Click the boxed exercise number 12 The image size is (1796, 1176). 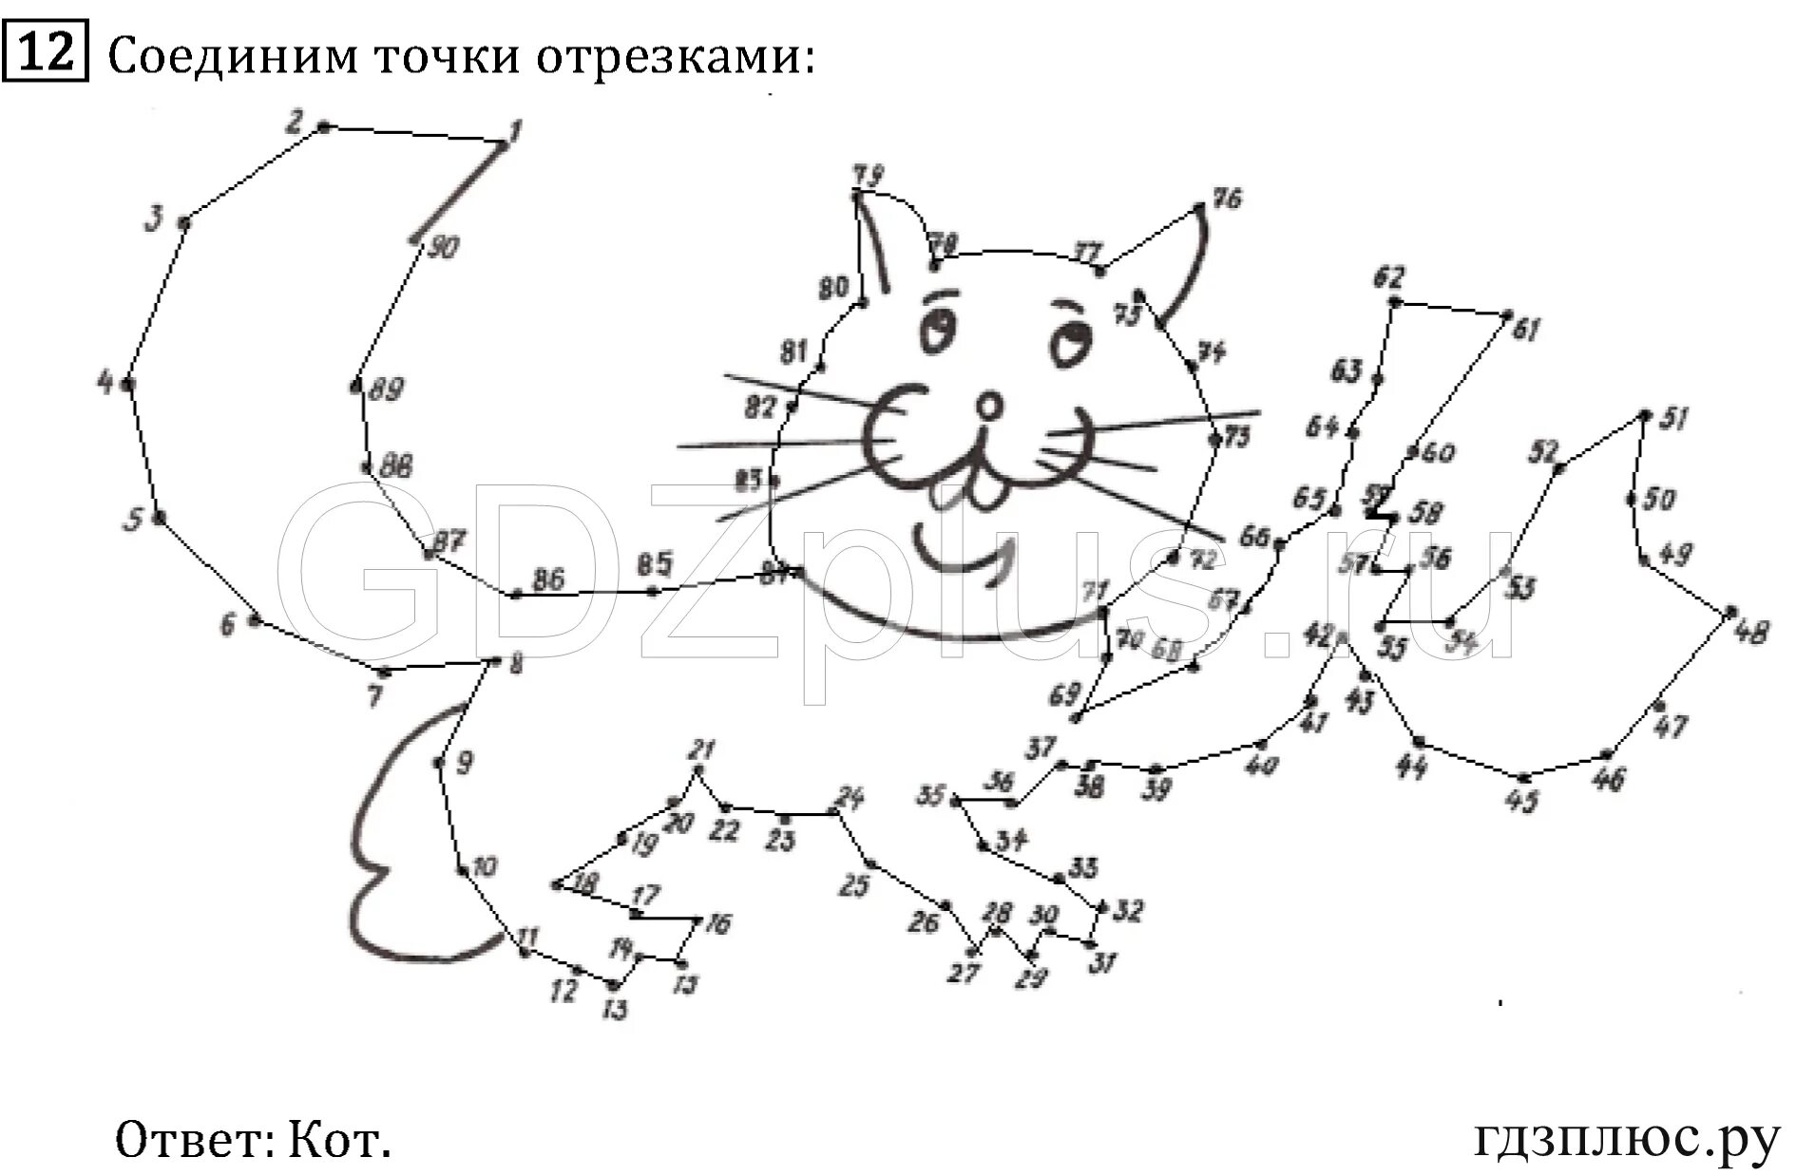click(x=45, y=51)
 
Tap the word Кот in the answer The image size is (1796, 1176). click(x=339, y=1138)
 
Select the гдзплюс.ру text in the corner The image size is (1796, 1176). click(x=1626, y=1138)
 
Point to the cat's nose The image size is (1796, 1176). click(x=989, y=408)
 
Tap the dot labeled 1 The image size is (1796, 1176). click(x=502, y=144)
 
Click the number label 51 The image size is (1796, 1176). click(x=1673, y=418)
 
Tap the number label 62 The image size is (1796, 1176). click(x=1388, y=277)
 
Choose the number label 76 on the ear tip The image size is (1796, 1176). click(x=1227, y=199)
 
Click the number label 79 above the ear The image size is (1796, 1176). click(x=868, y=175)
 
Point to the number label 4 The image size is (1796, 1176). click(x=105, y=383)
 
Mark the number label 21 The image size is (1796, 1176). click(x=702, y=749)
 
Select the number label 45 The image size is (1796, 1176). click(x=1521, y=802)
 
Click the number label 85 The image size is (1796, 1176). click(x=654, y=564)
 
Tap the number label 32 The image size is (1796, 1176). click(x=1127, y=912)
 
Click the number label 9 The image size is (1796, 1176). click(x=463, y=763)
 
